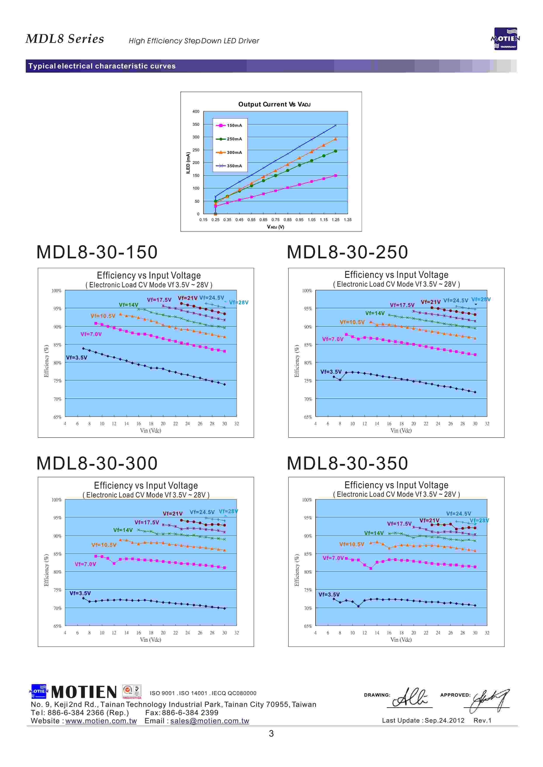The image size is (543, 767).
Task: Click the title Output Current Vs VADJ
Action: coord(274,104)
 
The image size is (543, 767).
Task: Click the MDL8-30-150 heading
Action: coord(97,252)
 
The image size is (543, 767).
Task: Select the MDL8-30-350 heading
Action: coord(347,463)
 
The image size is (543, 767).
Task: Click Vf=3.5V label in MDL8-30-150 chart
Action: coord(77,358)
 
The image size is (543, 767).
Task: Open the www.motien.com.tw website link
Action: coord(101,721)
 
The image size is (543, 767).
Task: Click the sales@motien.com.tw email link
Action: coord(210,721)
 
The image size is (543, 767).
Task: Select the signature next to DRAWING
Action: coord(410,698)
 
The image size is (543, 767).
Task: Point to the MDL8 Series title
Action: coord(65,39)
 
